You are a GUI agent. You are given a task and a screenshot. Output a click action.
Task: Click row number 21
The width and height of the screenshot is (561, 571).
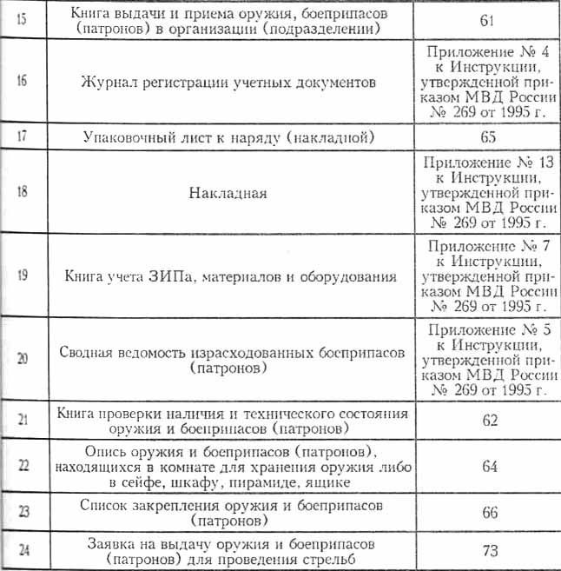point(22,420)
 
